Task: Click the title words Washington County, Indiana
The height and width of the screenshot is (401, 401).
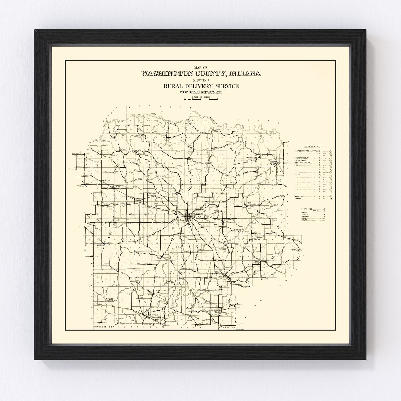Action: tap(200, 74)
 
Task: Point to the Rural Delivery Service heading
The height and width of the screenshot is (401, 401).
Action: tap(201, 86)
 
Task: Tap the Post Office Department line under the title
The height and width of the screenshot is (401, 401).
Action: tap(201, 92)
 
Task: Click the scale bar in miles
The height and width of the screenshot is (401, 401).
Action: tap(201, 99)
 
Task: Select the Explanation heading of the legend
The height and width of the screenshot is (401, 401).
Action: tap(313, 146)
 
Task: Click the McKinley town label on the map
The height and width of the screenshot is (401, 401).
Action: tap(139, 136)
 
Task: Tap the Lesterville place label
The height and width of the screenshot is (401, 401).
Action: tap(252, 158)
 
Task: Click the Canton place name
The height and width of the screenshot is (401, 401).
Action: tap(214, 207)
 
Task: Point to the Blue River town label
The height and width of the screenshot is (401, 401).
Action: tap(257, 262)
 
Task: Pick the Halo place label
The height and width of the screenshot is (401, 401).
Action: tap(183, 272)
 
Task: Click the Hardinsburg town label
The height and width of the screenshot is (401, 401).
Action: tap(110, 299)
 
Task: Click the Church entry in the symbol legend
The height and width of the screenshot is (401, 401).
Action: tap(305, 216)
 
